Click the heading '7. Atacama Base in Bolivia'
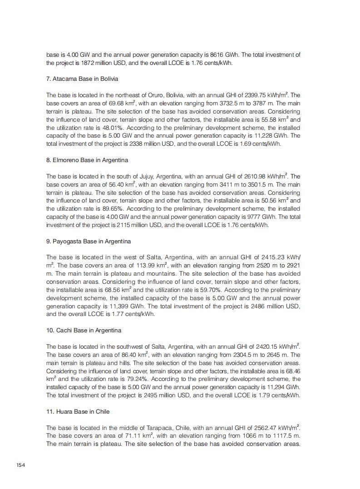pyautogui.click(x=82, y=79)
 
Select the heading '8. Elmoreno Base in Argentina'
pyautogui.click(x=87, y=160)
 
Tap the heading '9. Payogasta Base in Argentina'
pyautogui.click(x=88, y=242)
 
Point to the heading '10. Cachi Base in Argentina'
pyautogui.click(x=84, y=331)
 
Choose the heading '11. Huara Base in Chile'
pyautogui.click(x=78, y=412)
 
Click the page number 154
pyautogui.click(x=21, y=464)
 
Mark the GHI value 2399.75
pyautogui.click(x=255, y=95)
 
